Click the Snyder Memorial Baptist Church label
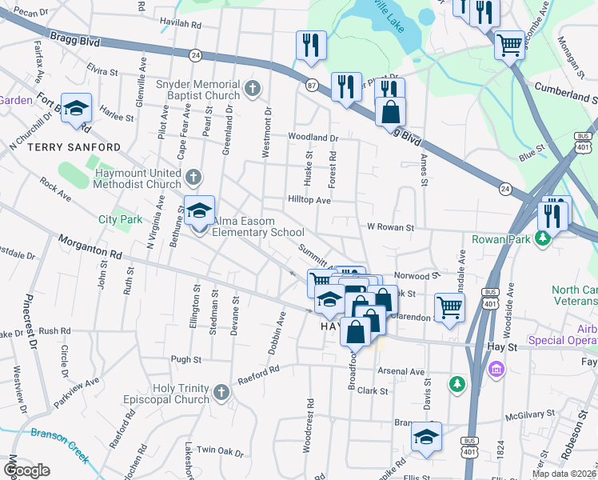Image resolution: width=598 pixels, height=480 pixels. [197, 90]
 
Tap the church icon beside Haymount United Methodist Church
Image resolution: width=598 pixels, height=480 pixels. [193, 176]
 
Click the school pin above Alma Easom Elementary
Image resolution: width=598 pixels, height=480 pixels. [199, 212]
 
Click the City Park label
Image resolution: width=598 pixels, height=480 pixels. [120, 219]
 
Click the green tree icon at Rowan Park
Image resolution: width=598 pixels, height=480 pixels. [543, 238]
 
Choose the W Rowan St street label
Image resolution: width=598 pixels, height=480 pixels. [389, 227]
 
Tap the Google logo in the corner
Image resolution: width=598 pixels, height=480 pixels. [27, 470]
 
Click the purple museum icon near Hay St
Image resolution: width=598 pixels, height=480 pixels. [496, 370]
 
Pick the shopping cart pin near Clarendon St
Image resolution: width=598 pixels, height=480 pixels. [450, 307]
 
